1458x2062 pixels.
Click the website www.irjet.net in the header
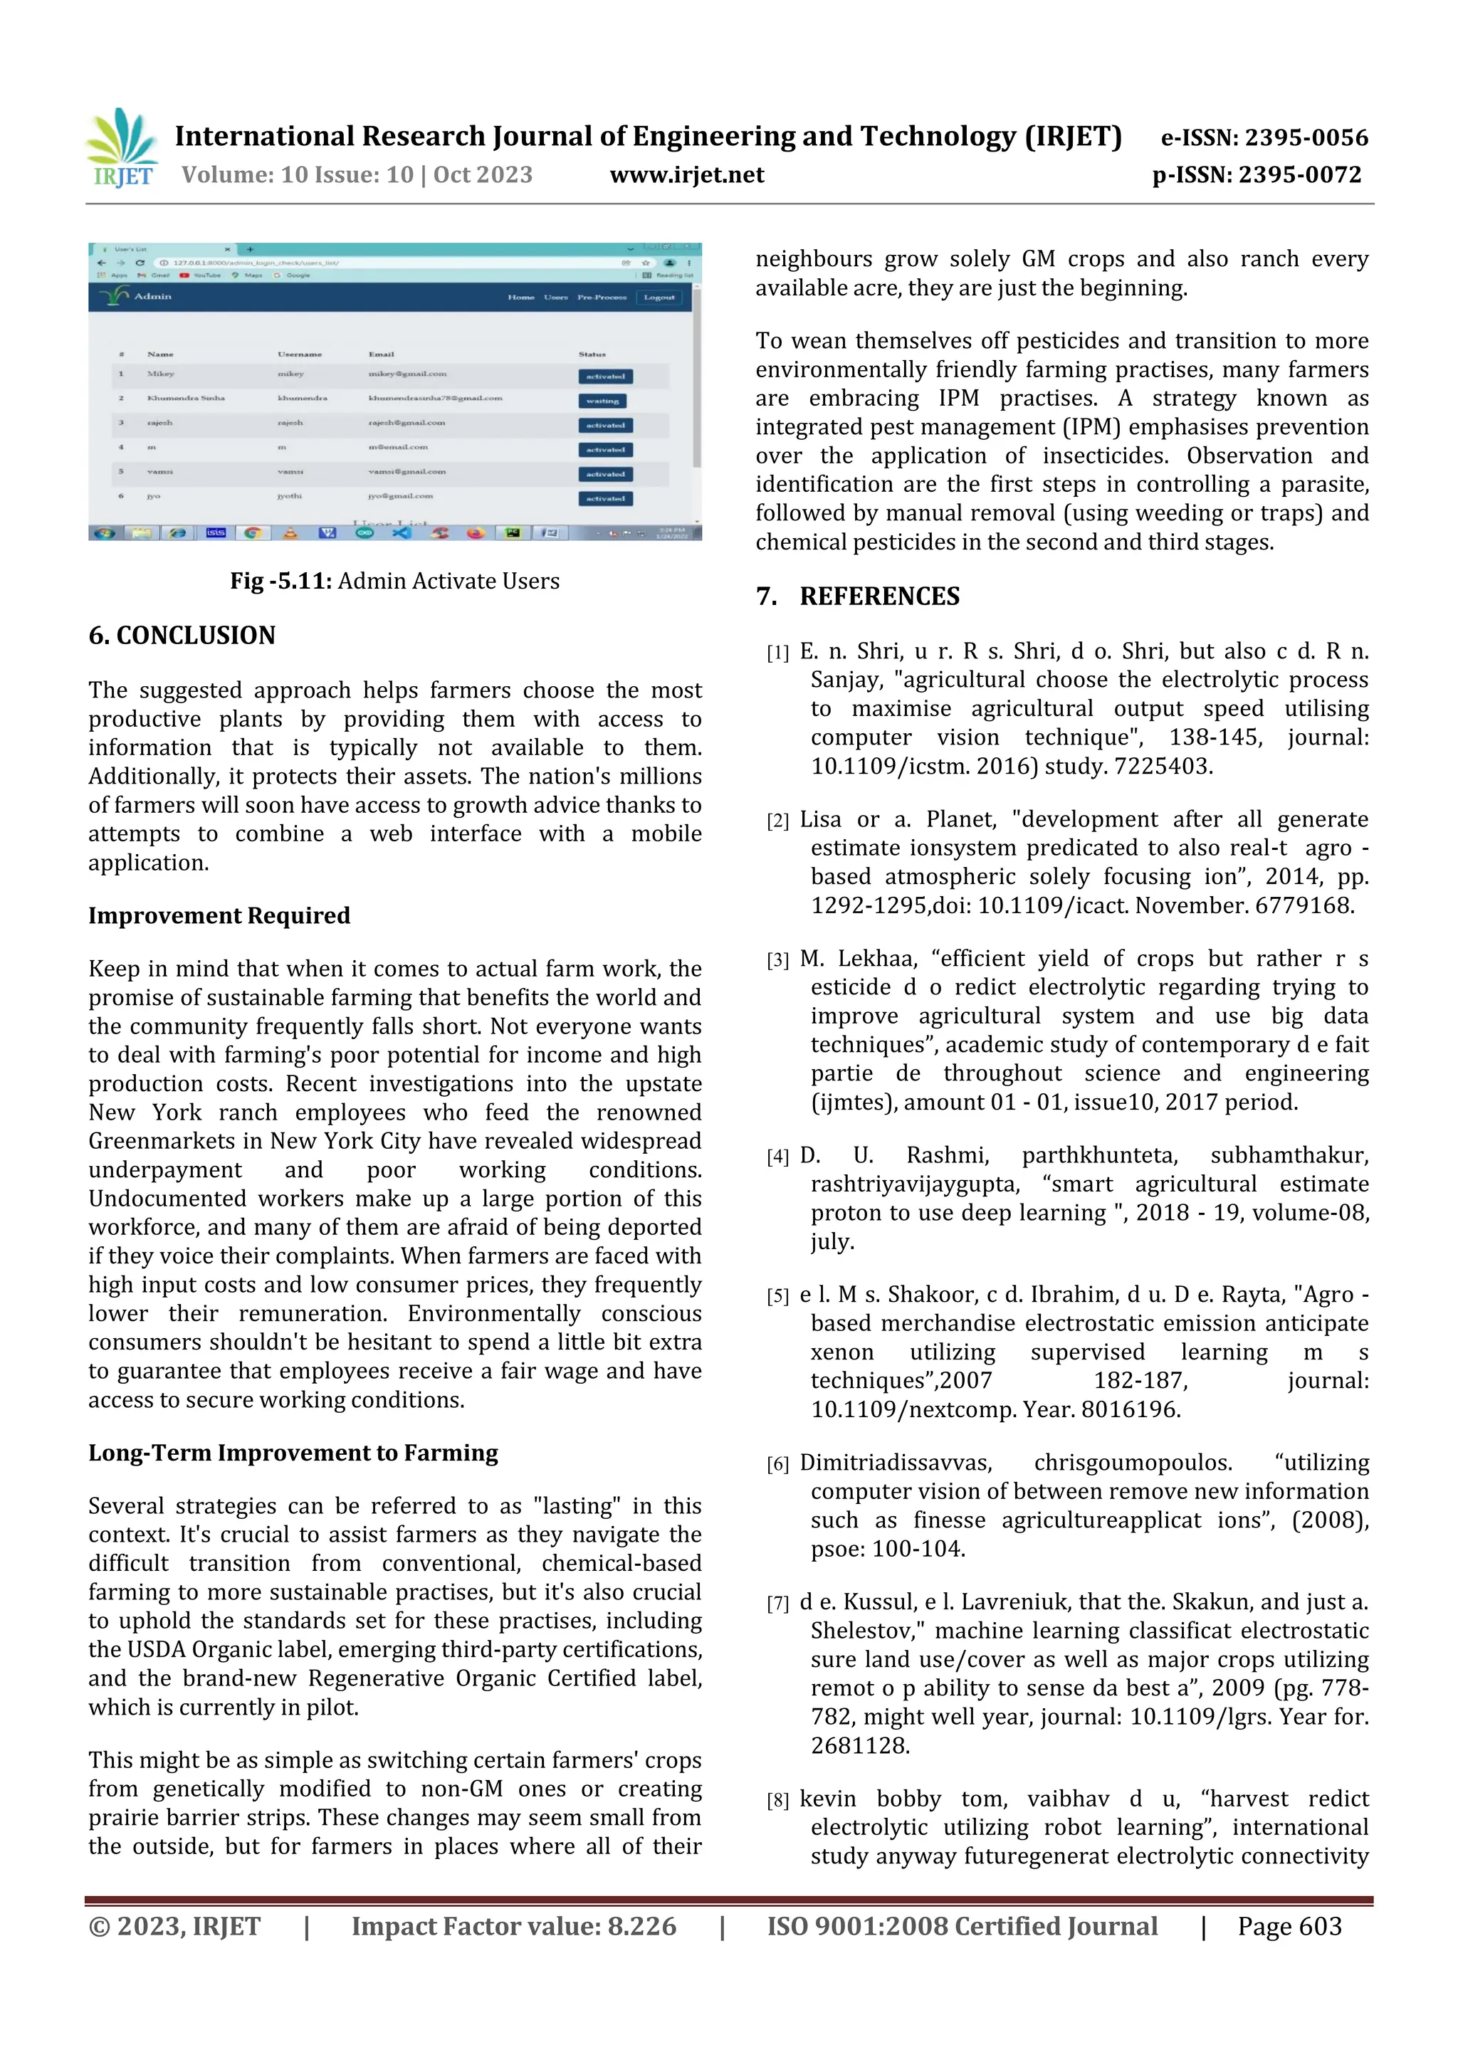[x=686, y=174]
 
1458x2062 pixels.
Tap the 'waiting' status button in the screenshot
[x=602, y=401]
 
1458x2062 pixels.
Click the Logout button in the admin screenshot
[x=659, y=298]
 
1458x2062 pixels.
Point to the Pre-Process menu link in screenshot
[x=602, y=298]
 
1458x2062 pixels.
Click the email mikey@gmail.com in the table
[x=407, y=374]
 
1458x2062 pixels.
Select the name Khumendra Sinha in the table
[x=186, y=398]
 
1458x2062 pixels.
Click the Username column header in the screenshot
[x=299, y=354]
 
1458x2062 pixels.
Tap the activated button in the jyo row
[x=605, y=498]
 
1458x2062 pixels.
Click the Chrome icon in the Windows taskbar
[x=253, y=532]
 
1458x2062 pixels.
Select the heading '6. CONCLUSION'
[x=182, y=635]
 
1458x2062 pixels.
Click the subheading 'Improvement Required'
[x=219, y=915]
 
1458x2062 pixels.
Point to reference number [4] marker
[x=777, y=1157]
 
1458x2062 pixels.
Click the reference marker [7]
[x=777, y=1603]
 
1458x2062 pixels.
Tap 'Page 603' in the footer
[x=1289, y=1925]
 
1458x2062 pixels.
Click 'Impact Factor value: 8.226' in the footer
[x=513, y=1925]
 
